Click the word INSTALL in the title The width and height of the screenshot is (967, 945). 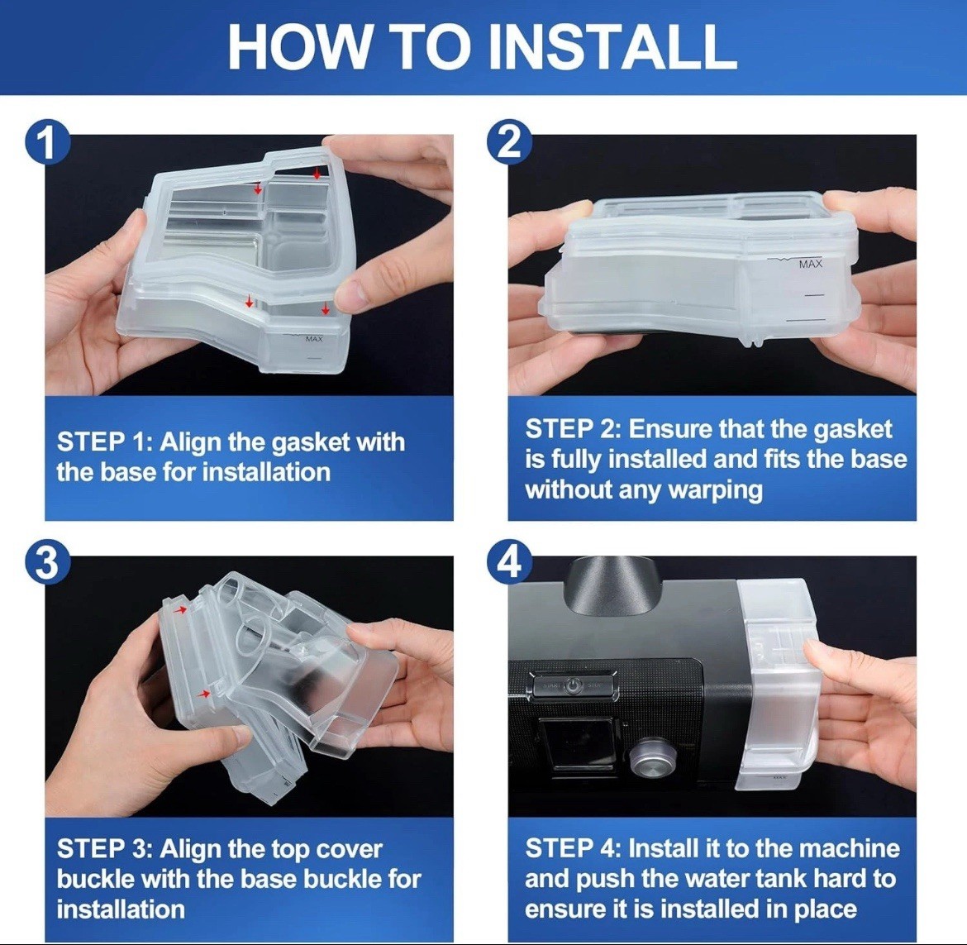[612, 47]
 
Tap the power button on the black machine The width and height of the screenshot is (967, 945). [574, 685]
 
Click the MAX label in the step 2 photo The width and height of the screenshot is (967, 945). [810, 264]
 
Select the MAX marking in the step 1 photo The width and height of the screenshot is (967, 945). [314, 339]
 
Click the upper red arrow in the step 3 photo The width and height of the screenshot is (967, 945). [180, 609]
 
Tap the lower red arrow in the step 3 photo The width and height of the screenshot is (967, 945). [202, 694]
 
